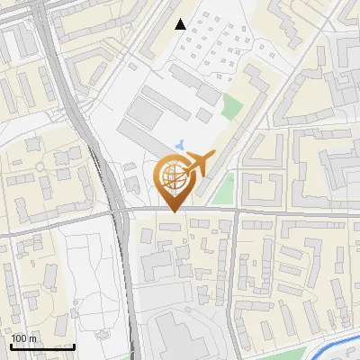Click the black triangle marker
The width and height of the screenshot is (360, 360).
pyautogui.click(x=181, y=24)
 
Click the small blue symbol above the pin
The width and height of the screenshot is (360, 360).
pyautogui.click(x=181, y=144)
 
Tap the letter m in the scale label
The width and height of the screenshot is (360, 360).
pyautogui.click(x=33, y=338)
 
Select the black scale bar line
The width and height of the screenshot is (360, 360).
pyautogui.click(x=42, y=346)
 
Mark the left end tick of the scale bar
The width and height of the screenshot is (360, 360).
pyautogui.click(x=11, y=345)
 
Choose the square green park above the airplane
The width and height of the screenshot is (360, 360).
pyautogui.click(x=231, y=107)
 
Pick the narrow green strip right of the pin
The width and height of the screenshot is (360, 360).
pyautogui.click(x=223, y=191)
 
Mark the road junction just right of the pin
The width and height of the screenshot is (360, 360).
pyautogui.click(x=236, y=211)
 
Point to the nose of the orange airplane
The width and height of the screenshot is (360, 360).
pyautogui.click(x=214, y=154)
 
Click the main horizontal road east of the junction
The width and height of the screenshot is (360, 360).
pyautogui.click(x=297, y=212)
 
